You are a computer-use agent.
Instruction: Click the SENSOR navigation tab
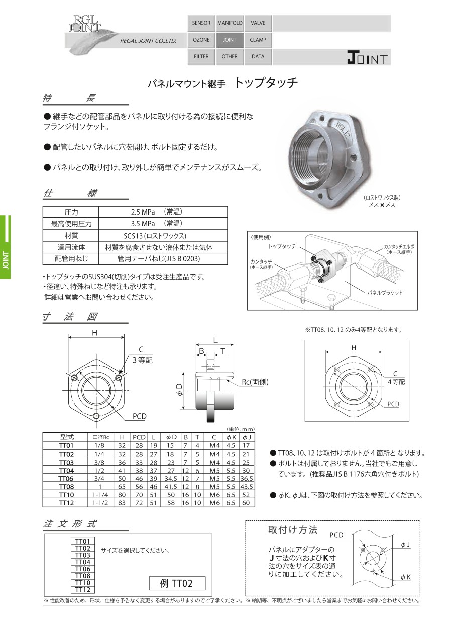[x=201, y=23]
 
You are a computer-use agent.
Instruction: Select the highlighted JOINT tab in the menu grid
[x=230, y=40]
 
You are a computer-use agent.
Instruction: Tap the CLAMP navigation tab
[x=258, y=40]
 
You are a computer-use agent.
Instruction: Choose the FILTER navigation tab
[x=201, y=57]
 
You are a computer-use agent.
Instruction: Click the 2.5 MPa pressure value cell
[x=163, y=212]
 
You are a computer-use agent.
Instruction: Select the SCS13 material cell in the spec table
[x=163, y=236]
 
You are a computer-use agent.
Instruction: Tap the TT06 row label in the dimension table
[x=66, y=479]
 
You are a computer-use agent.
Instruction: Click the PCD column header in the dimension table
[x=139, y=437]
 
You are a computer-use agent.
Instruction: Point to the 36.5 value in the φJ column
[x=246, y=479]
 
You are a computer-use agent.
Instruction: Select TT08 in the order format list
[x=82, y=576]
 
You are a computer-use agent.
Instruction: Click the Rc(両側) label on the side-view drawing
[x=255, y=382]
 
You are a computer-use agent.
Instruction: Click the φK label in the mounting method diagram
[x=406, y=578]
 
